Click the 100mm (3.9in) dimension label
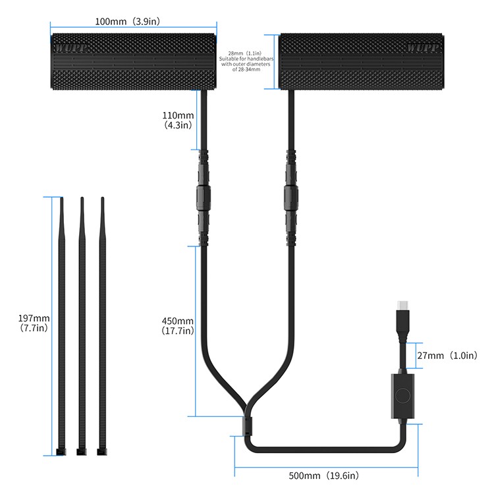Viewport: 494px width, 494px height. [128, 22]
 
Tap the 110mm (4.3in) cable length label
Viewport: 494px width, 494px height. [178, 120]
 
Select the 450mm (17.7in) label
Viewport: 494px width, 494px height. [178, 326]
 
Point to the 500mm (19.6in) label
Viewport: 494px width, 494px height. [324, 476]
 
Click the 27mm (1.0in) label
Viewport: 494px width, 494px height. [447, 356]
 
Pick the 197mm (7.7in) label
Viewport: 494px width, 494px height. [34, 323]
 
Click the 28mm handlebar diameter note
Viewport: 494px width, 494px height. [246, 61]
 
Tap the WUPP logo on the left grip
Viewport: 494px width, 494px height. [70, 48]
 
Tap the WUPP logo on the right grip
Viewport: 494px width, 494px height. [423, 47]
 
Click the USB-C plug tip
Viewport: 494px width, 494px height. [402, 305]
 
